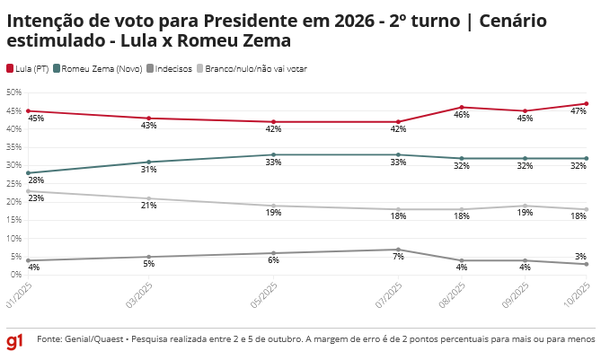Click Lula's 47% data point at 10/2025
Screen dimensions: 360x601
586,104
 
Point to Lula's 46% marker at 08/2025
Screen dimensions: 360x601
462,108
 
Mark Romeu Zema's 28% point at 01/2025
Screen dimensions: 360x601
28,172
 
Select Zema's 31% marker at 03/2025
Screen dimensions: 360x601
149,162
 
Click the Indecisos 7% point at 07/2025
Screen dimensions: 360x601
398,250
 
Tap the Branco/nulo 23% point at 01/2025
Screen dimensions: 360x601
28,191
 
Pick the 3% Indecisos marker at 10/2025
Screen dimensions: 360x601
586,264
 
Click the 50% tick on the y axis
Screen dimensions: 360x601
13,92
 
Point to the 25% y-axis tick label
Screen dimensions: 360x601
13,184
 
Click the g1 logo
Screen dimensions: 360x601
14,343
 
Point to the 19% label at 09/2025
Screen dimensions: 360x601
526,213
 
